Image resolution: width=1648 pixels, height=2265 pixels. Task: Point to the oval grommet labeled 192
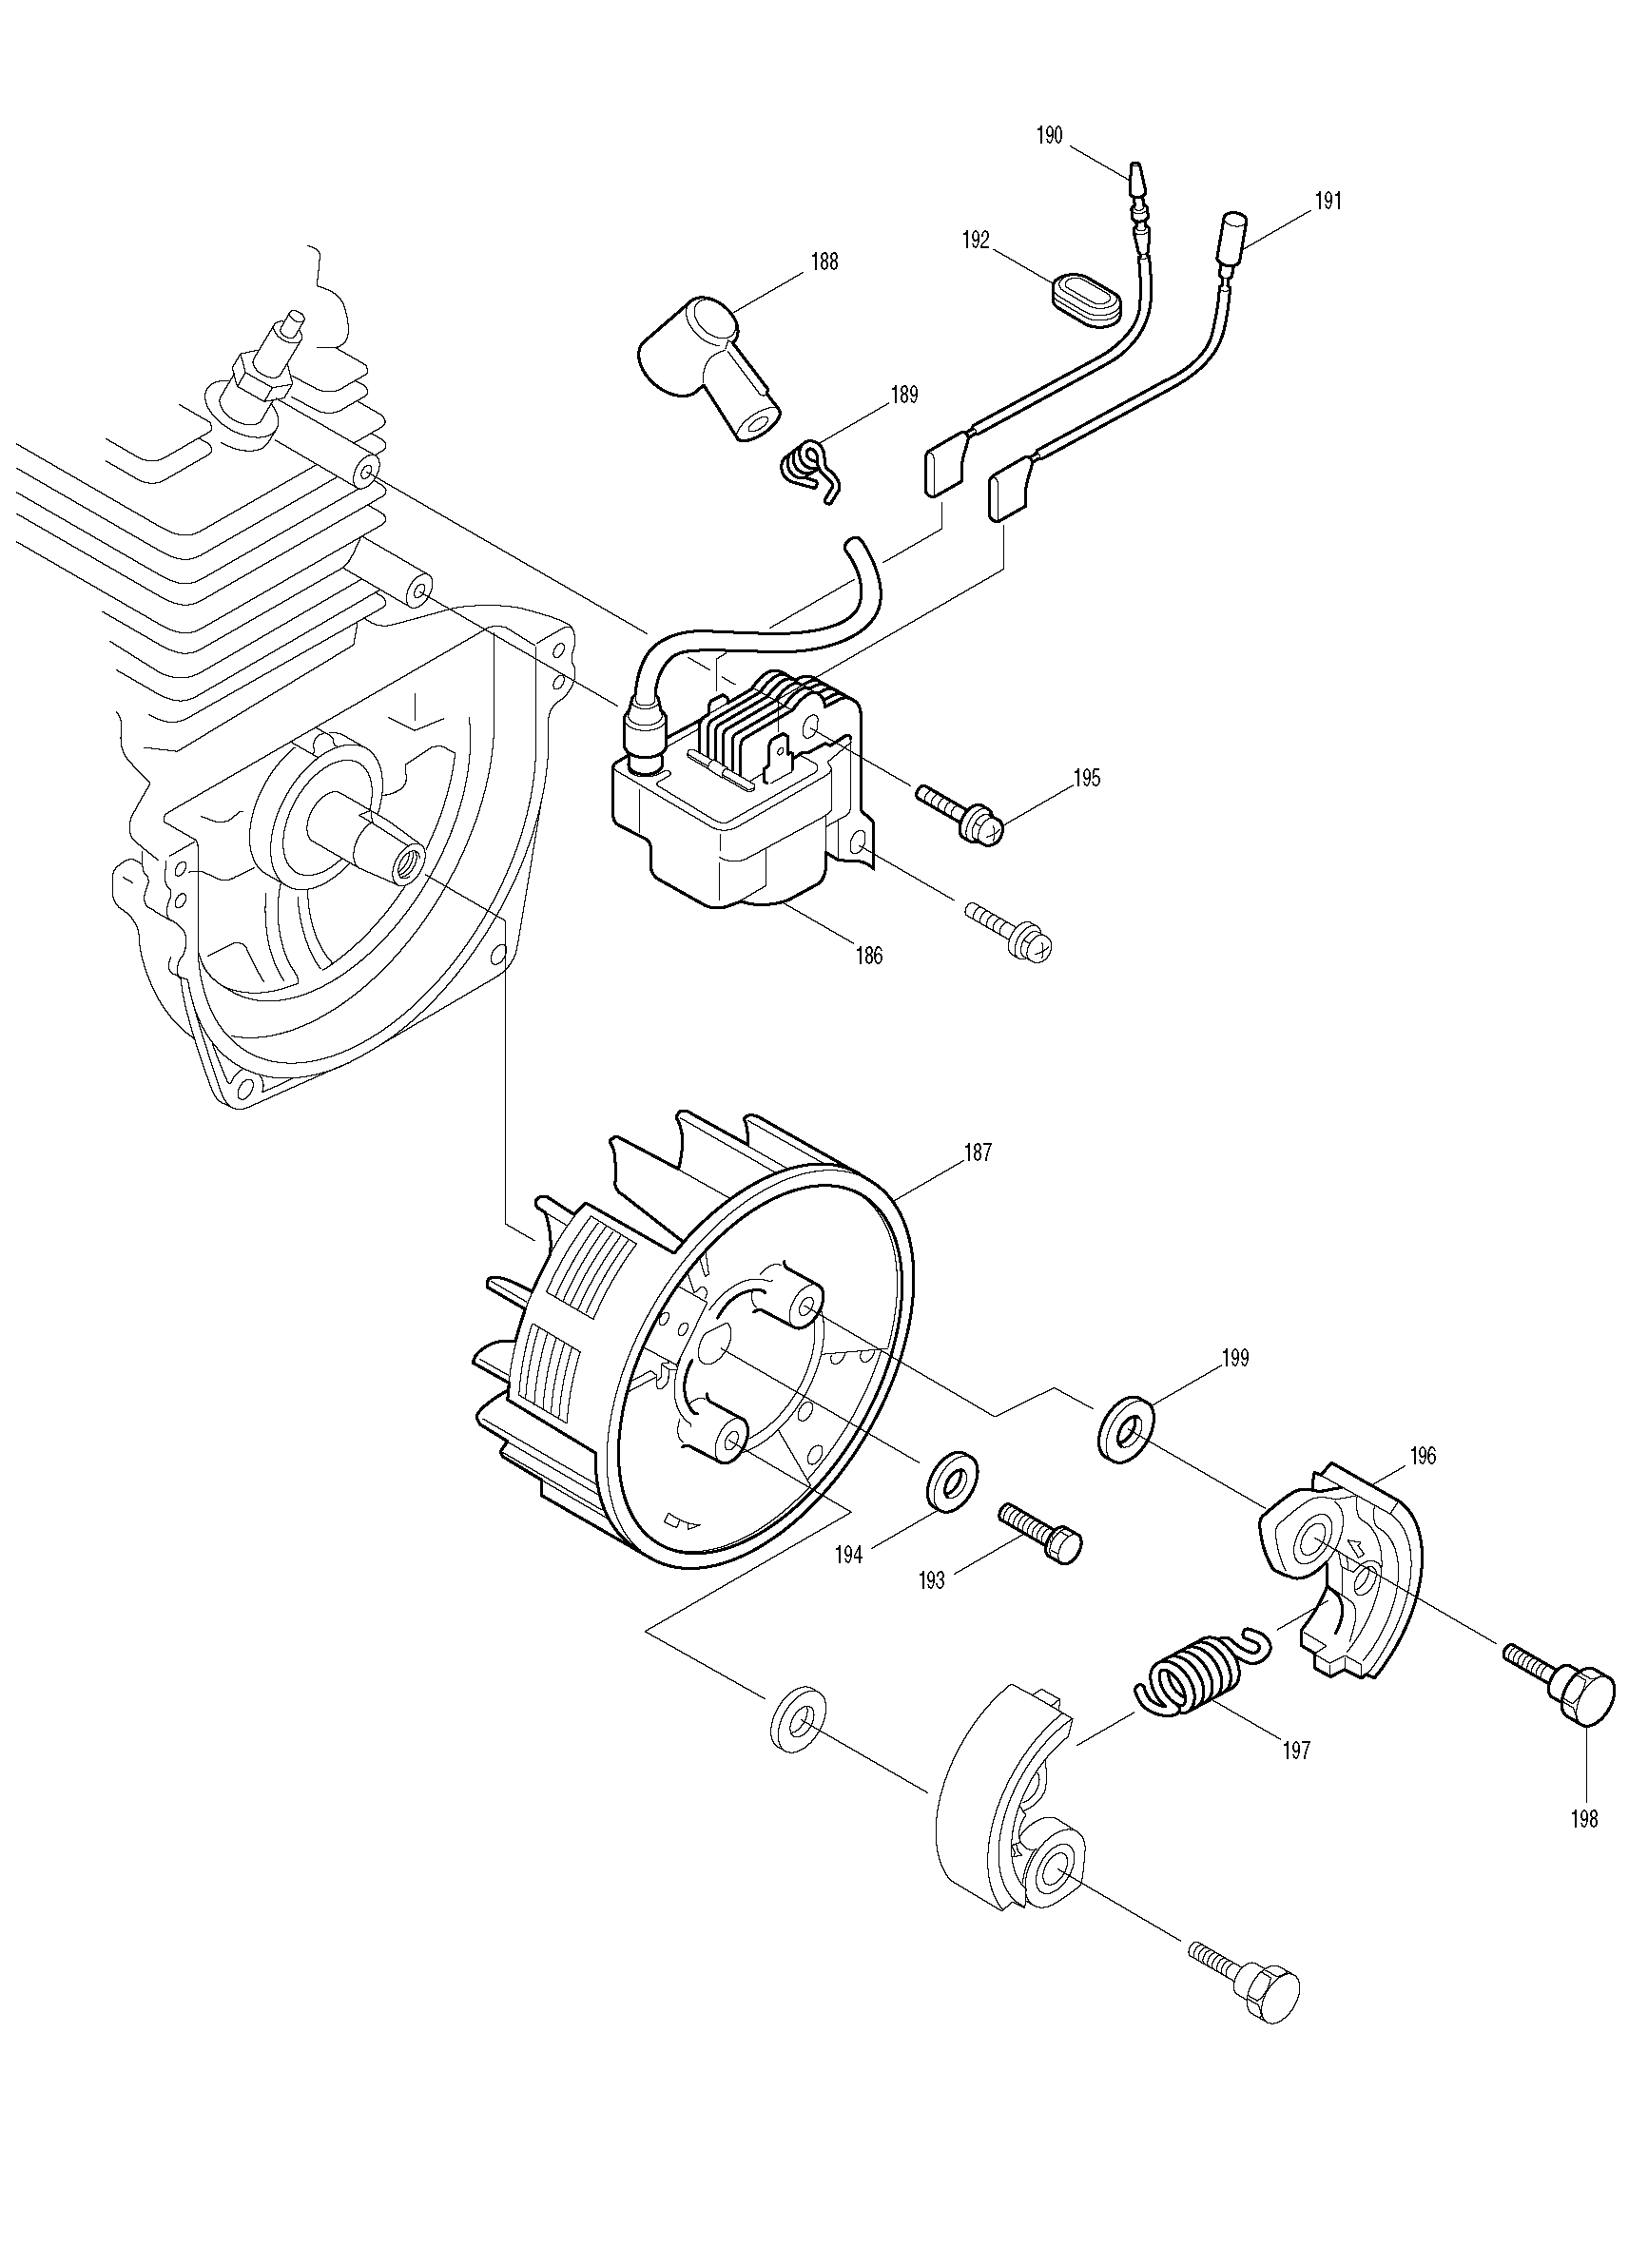1086,300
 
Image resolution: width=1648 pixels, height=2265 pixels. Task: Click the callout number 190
1050,135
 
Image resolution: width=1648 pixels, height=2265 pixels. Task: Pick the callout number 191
1328,201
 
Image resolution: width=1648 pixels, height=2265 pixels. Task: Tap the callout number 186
869,956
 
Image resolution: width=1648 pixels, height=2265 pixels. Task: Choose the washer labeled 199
1126,1436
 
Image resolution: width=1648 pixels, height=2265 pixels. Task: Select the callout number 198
1584,1820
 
